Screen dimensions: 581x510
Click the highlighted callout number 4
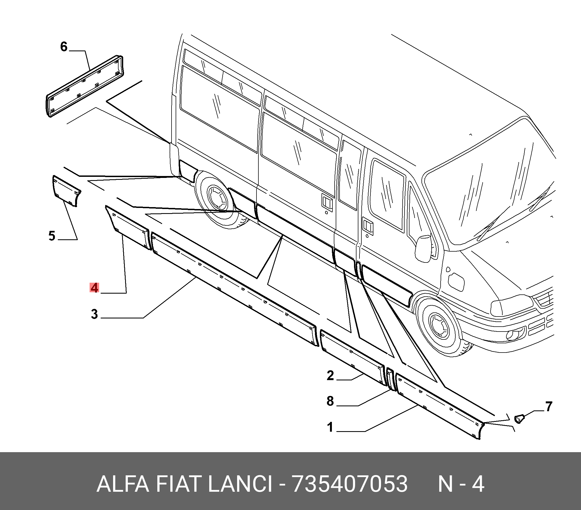pyautogui.click(x=94, y=288)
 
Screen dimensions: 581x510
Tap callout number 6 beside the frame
pyautogui.click(x=64, y=47)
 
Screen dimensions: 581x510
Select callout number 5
pyautogui.click(x=52, y=236)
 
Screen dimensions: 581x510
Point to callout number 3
pyautogui.click(x=94, y=314)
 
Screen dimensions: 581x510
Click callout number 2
pyautogui.click(x=330, y=375)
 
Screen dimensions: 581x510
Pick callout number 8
pyautogui.click(x=330, y=401)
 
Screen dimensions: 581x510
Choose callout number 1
pyautogui.click(x=330, y=427)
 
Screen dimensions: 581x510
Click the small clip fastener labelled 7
pyautogui.click(x=520, y=418)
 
